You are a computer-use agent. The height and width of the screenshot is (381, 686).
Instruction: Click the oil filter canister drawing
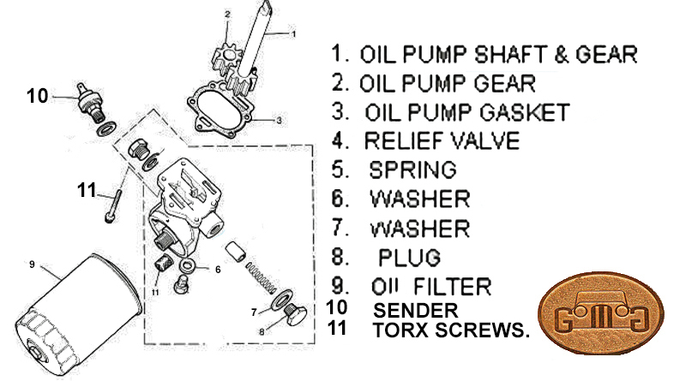79,314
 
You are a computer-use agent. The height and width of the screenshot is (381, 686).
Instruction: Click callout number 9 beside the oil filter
32,265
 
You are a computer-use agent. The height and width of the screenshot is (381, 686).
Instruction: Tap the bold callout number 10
37,96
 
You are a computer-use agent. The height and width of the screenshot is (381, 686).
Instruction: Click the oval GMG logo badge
601,313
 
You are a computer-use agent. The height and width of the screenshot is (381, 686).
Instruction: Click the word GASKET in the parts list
525,112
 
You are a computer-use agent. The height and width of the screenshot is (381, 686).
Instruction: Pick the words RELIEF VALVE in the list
442,141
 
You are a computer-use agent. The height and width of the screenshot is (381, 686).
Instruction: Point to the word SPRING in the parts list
412,170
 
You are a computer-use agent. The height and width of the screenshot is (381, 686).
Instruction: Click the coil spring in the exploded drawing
262,277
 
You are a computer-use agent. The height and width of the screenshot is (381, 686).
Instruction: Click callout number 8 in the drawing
262,331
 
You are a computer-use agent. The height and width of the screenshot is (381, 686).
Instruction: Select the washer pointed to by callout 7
282,299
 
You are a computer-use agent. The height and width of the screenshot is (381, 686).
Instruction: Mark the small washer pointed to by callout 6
188,265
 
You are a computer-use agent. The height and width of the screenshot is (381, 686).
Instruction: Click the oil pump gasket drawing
220,108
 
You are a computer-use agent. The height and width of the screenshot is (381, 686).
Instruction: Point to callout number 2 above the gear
227,15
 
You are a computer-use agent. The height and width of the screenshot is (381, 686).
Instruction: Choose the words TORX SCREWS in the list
451,330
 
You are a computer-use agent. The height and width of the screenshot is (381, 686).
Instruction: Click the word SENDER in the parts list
415,311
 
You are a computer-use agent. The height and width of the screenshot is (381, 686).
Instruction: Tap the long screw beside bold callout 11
113,205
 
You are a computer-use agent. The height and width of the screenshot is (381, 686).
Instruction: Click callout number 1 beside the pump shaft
293,34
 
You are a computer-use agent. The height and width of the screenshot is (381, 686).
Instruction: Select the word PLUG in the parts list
409,257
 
